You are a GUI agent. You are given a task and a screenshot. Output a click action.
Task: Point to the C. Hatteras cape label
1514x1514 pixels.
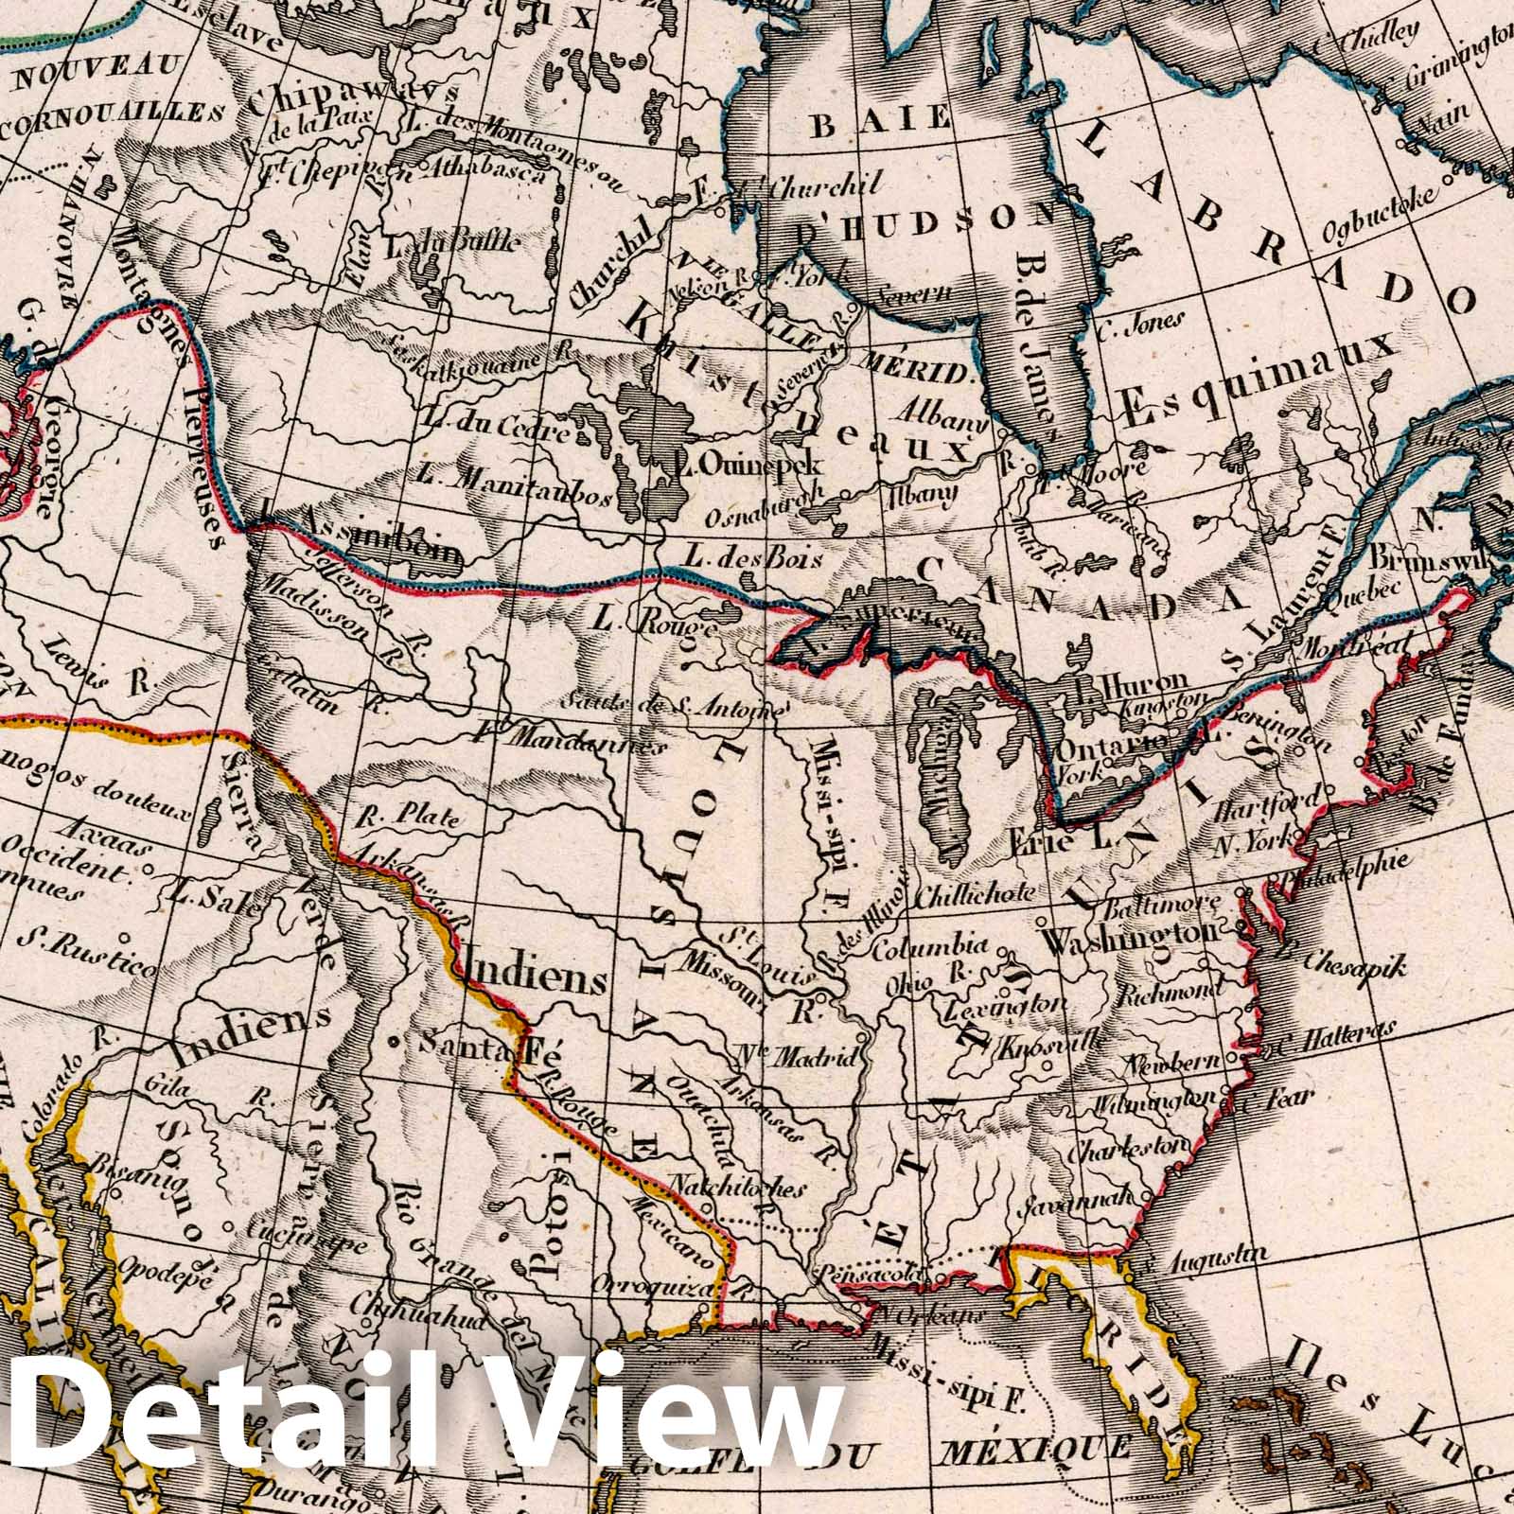[1334, 1037]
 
